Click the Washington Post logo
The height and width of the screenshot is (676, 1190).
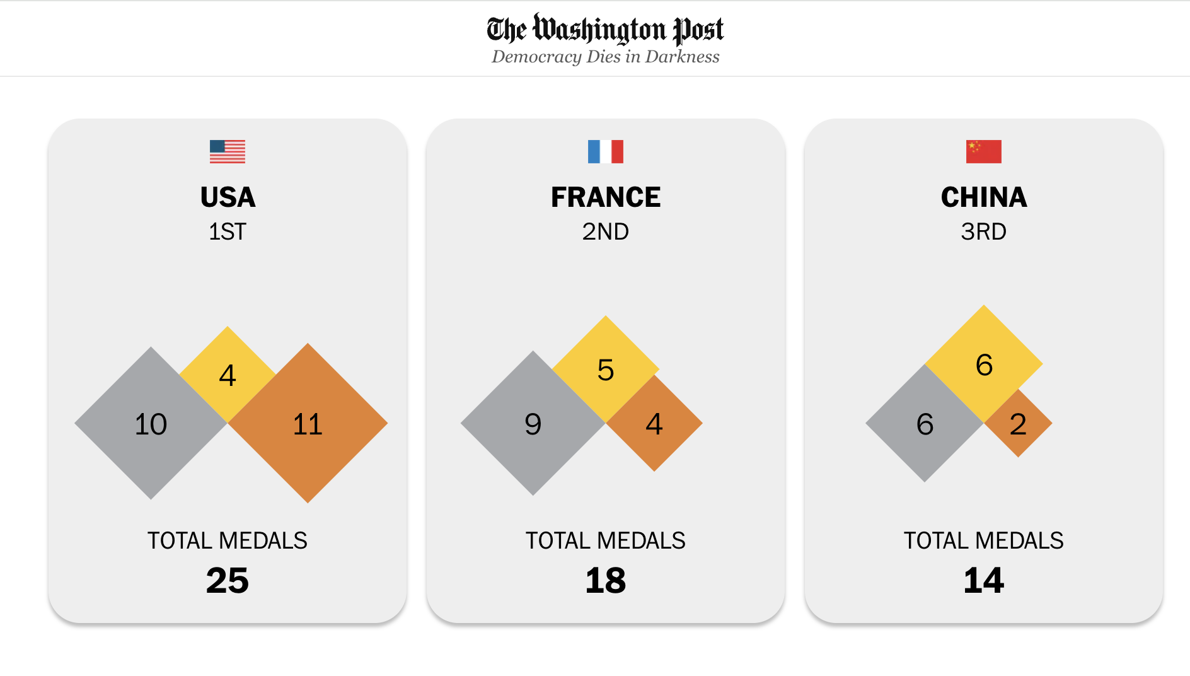pos(605,29)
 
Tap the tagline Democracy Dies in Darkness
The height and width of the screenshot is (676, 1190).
pos(605,57)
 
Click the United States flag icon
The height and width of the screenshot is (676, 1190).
pos(228,151)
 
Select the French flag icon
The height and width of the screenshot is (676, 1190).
pos(605,151)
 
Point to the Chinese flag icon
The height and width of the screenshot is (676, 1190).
pos(983,151)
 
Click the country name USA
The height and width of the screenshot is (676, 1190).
pos(228,197)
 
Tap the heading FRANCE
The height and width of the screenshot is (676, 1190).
pos(605,197)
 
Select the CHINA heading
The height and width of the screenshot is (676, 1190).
pos(983,197)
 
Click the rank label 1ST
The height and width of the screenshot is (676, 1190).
pos(228,231)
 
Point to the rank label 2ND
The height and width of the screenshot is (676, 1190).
pos(605,231)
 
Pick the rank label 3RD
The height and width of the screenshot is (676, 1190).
pos(983,231)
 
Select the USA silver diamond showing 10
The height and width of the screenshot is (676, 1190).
pos(151,424)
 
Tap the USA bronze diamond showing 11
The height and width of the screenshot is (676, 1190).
pos(308,424)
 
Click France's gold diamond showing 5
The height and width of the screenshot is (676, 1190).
pos(605,369)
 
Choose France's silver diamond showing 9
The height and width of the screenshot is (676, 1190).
pos(533,424)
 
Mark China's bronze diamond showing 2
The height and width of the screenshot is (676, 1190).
pos(1018,424)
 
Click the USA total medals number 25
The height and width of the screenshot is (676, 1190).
pos(228,580)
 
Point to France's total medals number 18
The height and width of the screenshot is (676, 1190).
pos(605,580)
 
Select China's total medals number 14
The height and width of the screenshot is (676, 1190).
pos(983,580)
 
